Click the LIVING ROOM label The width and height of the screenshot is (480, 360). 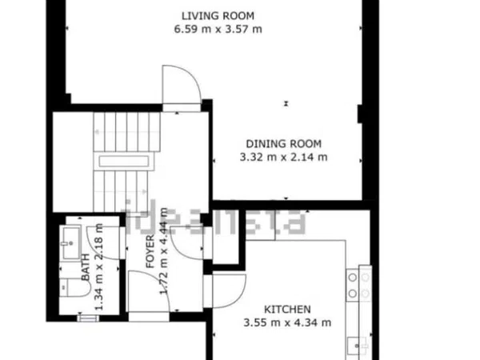point(218,16)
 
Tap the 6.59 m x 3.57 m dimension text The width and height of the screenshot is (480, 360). point(218,30)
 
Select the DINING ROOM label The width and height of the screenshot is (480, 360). point(284,144)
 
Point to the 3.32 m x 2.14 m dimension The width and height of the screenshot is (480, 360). point(283,158)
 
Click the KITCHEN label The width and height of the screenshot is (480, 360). point(287,310)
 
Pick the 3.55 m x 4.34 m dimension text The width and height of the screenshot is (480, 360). point(287,322)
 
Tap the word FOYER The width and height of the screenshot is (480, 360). point(150,252)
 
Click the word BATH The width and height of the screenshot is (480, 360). point(86,267)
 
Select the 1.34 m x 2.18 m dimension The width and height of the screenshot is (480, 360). point(99,267)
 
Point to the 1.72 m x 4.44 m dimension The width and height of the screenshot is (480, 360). point(164,251)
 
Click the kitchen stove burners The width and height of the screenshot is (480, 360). point(358,286)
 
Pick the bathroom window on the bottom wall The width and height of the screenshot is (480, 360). point(88,318)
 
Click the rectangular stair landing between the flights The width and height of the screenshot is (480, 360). point(124,162)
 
